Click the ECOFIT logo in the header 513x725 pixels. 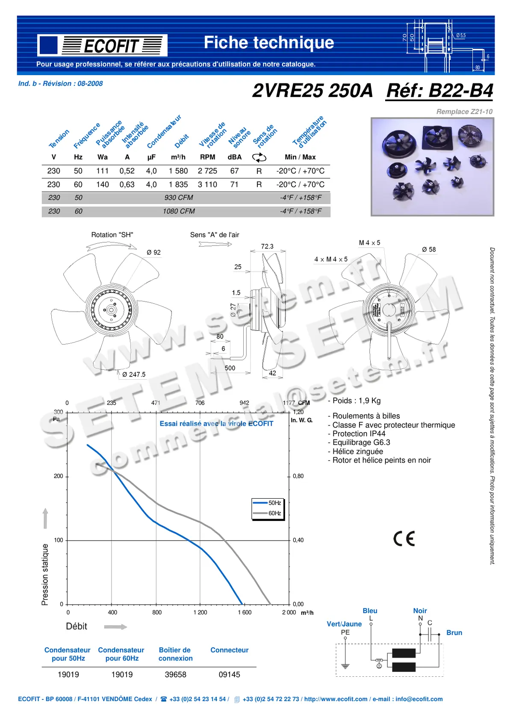(102, 45)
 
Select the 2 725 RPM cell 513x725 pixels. (207, 171)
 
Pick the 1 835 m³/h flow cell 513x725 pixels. (178, 185)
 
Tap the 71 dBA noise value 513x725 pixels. (234, 185)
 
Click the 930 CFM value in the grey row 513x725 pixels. (179, 198)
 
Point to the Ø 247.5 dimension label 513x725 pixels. (133, 374)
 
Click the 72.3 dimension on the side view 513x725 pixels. (267, 247)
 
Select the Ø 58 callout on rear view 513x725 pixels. (429, 250)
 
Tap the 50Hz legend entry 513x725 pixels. (274, 503)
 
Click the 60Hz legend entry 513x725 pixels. (274, 513)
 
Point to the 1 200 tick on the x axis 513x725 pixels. (200, 613)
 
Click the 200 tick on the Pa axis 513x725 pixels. (59, 477)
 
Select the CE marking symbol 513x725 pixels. (404, 539)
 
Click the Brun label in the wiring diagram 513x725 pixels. (454, 633)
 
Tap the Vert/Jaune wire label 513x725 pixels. (344, 624)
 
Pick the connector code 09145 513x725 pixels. (229, 675)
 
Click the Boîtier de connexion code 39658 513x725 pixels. (175, 675)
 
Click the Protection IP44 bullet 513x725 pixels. (359, 434)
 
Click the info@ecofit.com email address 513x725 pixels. (419, 699)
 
